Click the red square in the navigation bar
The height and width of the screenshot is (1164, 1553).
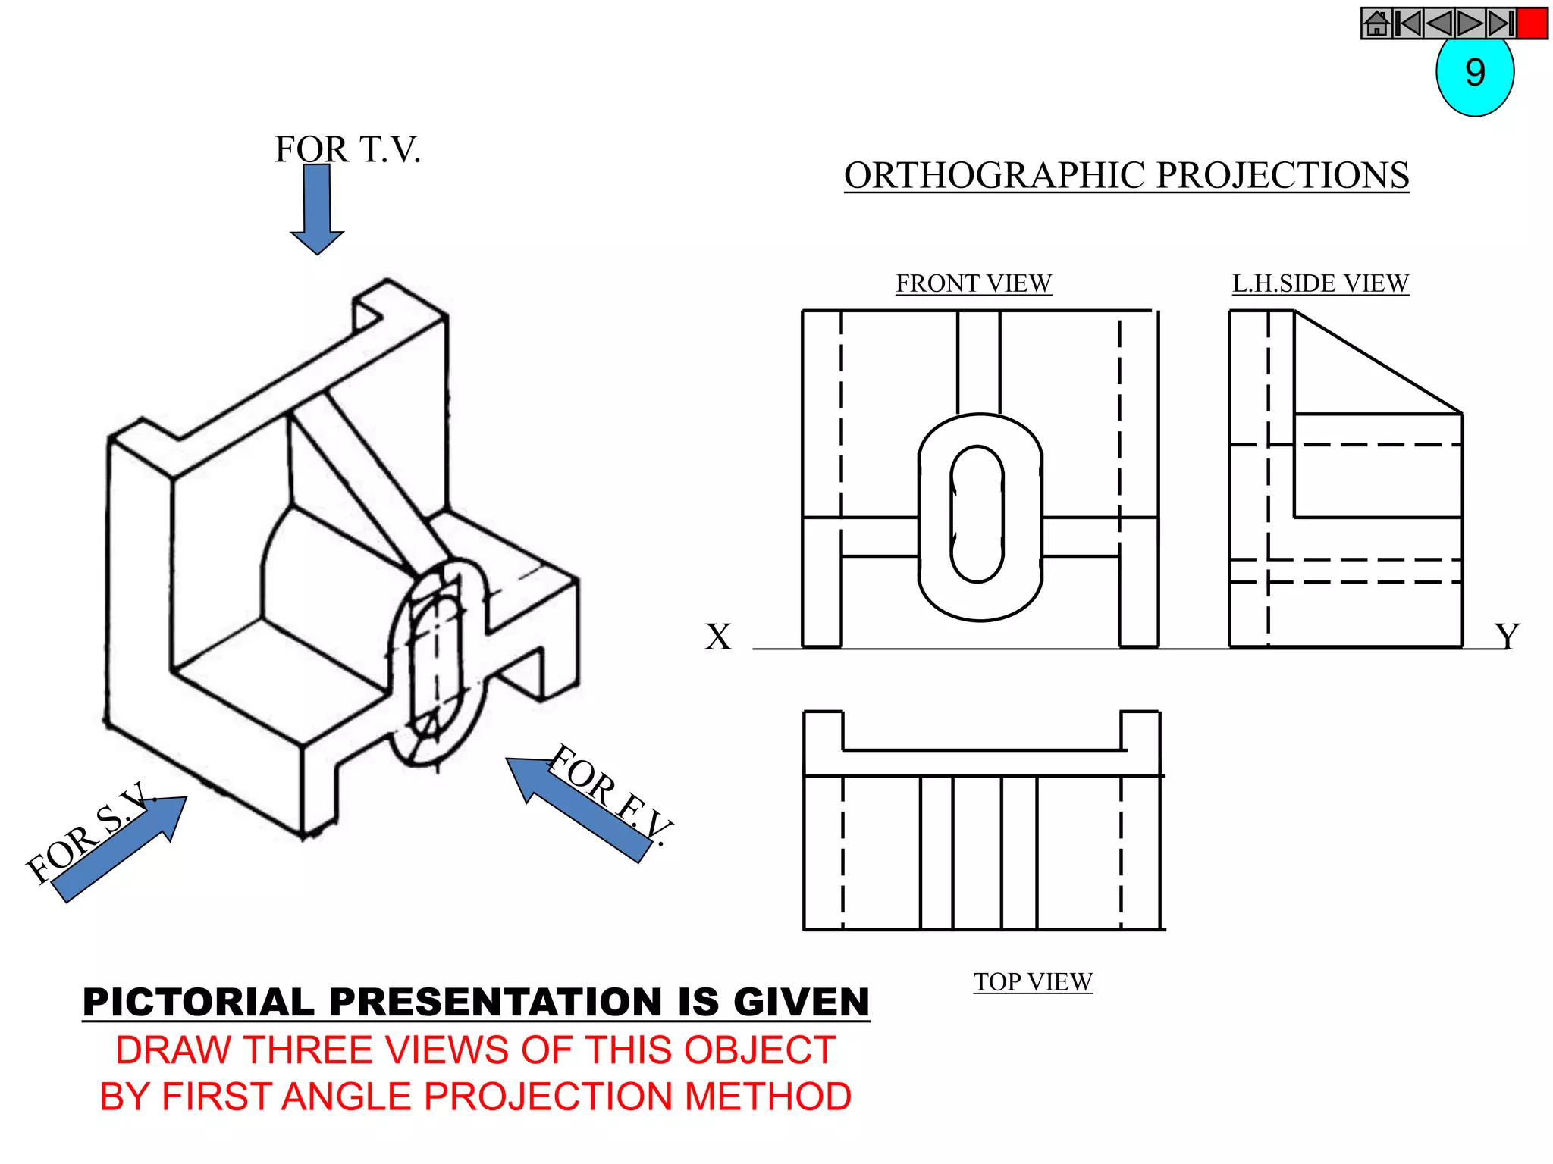1532,23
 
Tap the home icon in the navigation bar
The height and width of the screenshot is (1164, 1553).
1376,23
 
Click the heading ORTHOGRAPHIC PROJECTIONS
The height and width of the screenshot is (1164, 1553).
1126,176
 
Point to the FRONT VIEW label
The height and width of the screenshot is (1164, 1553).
974,283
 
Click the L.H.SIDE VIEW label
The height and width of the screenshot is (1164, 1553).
1320,283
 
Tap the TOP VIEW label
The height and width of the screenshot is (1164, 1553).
1033,981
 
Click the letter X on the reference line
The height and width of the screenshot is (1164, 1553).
717,637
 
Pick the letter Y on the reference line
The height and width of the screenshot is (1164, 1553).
1507,637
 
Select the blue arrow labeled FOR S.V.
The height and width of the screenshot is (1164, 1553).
121,849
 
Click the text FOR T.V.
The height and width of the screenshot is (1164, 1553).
347,149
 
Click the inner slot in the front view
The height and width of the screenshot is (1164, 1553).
977,514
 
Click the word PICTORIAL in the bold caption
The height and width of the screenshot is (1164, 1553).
198,1002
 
